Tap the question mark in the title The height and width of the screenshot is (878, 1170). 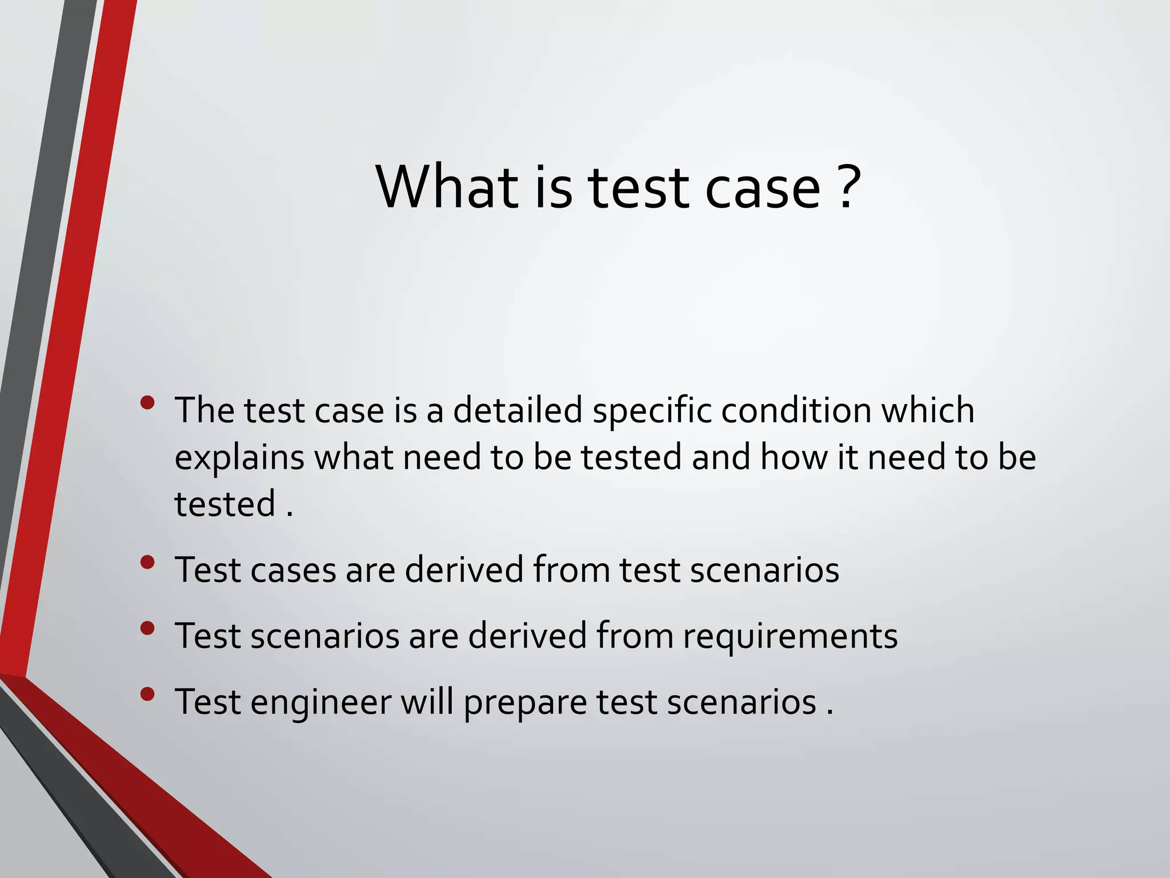[x=850, y=187]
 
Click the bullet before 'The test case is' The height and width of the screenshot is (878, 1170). [x=147, y=403]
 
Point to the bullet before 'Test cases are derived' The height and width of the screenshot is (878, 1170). [x=147, y=562]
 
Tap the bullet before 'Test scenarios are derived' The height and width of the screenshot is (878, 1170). [x=147, y=628]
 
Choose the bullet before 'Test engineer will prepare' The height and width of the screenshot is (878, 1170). [x=147, y=695]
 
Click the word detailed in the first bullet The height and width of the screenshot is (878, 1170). [x=518, y=410]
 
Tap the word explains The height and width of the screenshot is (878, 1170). [x=239, y=458]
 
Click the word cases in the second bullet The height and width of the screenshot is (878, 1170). [x=293, y=570]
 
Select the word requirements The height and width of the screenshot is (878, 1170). [x=790, y=636]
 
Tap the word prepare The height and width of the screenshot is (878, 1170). [x=525, y=703]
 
